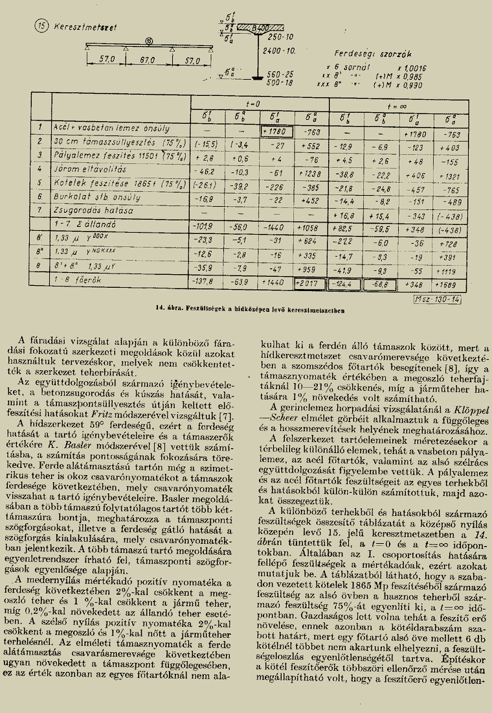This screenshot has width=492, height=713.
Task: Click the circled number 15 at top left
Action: [x=41, y=27]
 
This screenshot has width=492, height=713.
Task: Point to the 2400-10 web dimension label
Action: [x=280, y=51]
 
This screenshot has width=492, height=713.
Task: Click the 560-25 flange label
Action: [x=280, y=75]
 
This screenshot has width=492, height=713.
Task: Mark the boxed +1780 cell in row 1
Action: [x=276, y=128]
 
